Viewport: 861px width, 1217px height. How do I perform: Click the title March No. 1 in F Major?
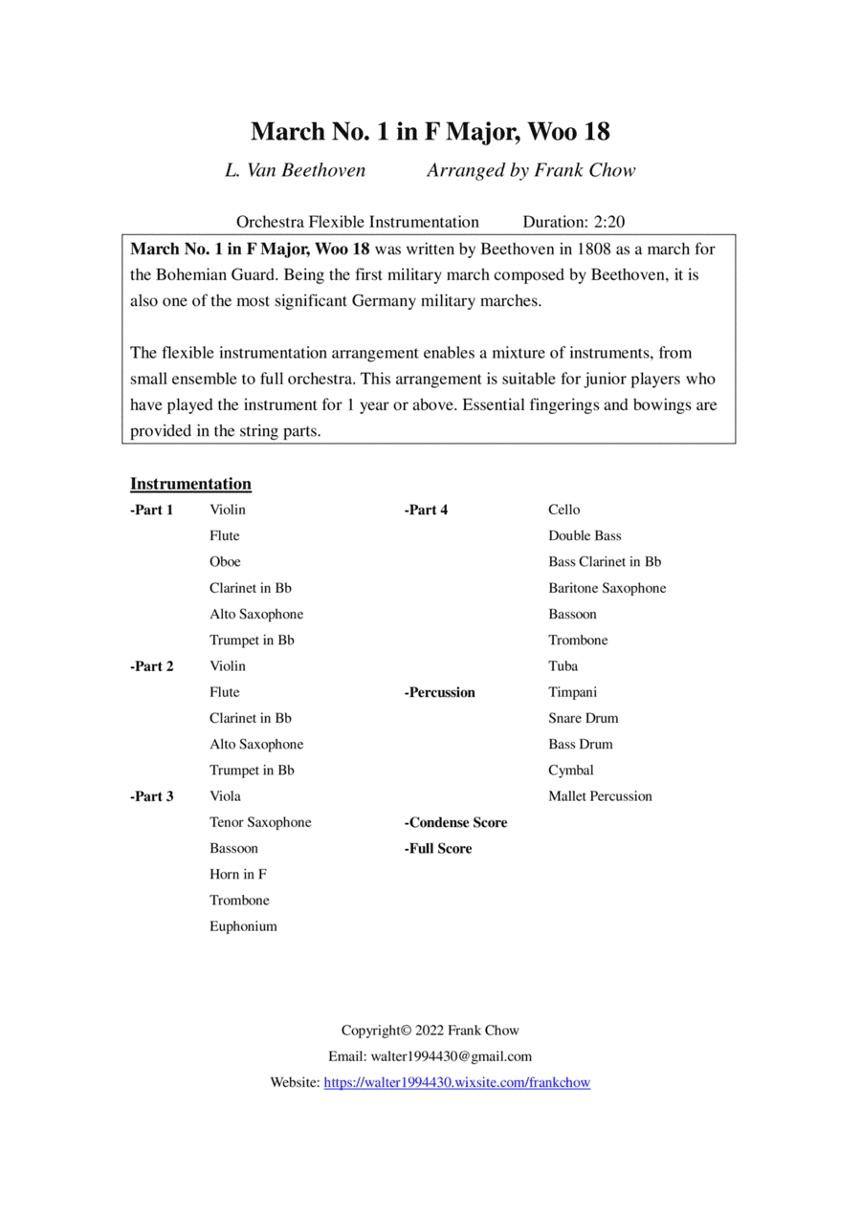(x=430, y=131)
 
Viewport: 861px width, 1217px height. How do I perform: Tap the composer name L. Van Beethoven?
(x=295, y=171)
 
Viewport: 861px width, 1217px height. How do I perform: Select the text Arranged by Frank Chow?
(x=530, y=171)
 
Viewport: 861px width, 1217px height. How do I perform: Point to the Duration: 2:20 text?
(x=573, y=222)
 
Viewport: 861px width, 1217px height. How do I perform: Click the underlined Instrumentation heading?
(x=190, y=484)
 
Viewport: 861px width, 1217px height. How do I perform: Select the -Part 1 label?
(x=151, y=510)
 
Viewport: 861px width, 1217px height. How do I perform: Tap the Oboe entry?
(x=225, y=562)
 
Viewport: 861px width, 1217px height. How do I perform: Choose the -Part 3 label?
(x=151, y=796)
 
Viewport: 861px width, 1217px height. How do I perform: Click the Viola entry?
(x=225, y=796)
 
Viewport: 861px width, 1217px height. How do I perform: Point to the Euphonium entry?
(x=243, y=926)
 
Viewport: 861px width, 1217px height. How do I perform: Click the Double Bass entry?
(x=585, y=536)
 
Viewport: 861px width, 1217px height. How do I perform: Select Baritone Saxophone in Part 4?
(x=607, y=588)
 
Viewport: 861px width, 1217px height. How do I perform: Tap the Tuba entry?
(x=563, y=666)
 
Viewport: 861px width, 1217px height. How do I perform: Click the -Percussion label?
(x=439, y=692)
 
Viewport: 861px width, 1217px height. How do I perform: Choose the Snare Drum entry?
(x=583, y=718)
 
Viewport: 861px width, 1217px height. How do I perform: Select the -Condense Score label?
(x=455, y=823)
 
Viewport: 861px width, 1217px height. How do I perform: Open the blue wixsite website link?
(x=457, y=1083)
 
